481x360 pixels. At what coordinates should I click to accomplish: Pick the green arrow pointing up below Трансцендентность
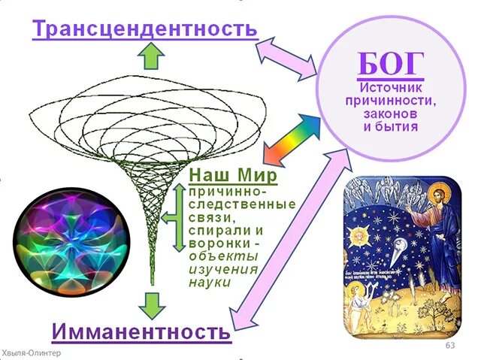click(153, 55)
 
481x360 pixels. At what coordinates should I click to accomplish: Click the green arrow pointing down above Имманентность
click(153, 302)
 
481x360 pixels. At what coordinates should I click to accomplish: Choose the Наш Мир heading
click(232, 176)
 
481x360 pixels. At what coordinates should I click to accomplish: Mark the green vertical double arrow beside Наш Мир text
click(179, 217)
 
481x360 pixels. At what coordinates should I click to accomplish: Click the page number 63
click(451, 345)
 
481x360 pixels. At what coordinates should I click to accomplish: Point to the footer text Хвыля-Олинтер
click(32, 353)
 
